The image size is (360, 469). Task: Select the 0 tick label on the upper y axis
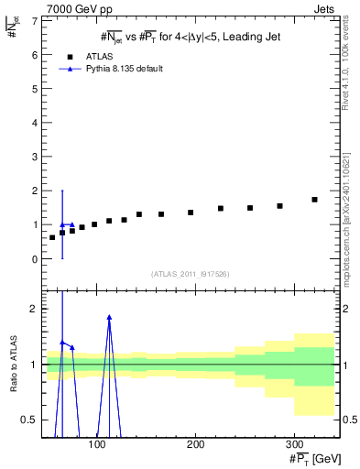(x=33, y=259)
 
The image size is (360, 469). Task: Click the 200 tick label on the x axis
(x=195, y=443)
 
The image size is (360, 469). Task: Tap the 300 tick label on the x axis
(x=293, y=443)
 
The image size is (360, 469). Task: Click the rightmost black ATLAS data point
(x=314, y=200)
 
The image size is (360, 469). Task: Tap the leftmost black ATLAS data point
(x=52, y=238)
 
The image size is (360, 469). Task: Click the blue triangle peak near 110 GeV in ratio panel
(x=109, y=317)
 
